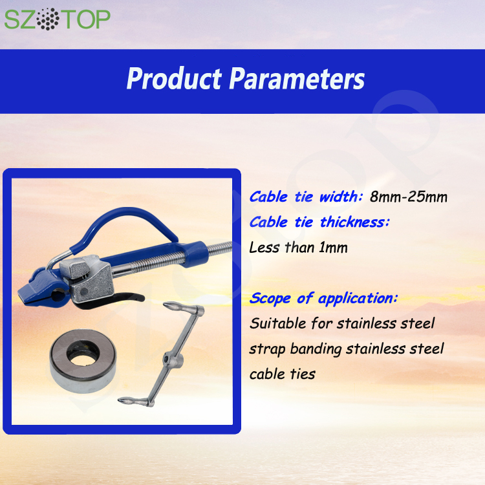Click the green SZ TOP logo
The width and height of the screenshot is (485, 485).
point(57,19)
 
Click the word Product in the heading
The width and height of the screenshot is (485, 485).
point(175,78)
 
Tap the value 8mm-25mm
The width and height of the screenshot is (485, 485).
point(409,197)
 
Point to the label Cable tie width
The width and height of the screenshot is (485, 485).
point(306,197)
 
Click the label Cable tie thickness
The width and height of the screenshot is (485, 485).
point(319,222)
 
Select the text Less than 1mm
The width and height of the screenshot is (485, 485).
point(299,248)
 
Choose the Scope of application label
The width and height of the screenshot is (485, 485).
point(323,299)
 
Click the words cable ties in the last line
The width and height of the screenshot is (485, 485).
point(283,374)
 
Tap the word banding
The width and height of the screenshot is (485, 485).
point(316,349)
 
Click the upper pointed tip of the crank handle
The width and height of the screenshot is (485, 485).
point(164,305)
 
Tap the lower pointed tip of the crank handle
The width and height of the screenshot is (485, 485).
point(120,400)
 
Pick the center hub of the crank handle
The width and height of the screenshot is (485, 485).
point(172,360)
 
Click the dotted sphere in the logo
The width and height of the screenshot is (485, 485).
point(48,19)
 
